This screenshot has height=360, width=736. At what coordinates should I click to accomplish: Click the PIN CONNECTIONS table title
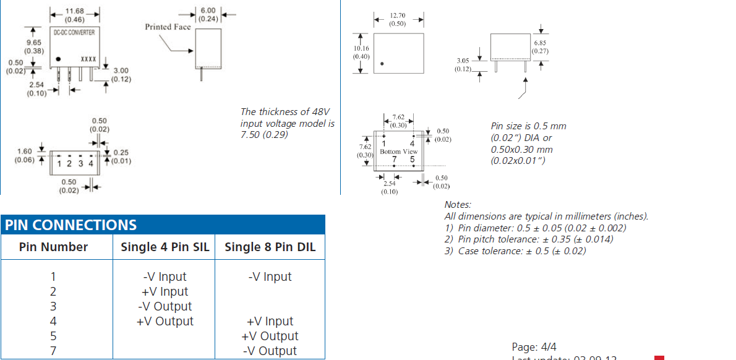pos(71,225)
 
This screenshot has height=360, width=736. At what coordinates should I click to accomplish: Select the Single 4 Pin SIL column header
pos(165,247)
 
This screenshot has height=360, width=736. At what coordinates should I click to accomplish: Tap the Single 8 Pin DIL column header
pos(270,247)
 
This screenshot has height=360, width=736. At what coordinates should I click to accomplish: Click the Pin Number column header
pos(53,247)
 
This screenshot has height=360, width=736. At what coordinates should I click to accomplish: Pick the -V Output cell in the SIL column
pos(165,307)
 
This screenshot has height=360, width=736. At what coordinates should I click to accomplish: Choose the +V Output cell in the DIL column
pos(270,336)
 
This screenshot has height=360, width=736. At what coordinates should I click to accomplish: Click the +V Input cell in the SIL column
pos(165,292)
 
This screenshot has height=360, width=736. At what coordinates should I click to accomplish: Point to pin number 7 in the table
pos(53,351)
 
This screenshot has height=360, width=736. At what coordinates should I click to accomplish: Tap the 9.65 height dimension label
pos(33,42)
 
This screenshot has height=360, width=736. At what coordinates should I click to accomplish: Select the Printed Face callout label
pos(168,27)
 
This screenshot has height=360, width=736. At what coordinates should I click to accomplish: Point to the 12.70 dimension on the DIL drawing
pos(398,16)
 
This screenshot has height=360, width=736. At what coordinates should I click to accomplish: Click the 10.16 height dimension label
pos(361,48)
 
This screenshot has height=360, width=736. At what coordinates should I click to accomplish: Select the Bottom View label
pos(398,152)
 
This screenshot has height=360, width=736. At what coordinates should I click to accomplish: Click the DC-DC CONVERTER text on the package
pos(74,31)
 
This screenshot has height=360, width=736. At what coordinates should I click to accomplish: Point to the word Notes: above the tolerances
pos(458,205)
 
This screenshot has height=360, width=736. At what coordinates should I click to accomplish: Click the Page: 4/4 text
pos(534,347)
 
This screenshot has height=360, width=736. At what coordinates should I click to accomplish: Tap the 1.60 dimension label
pos(25,152)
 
